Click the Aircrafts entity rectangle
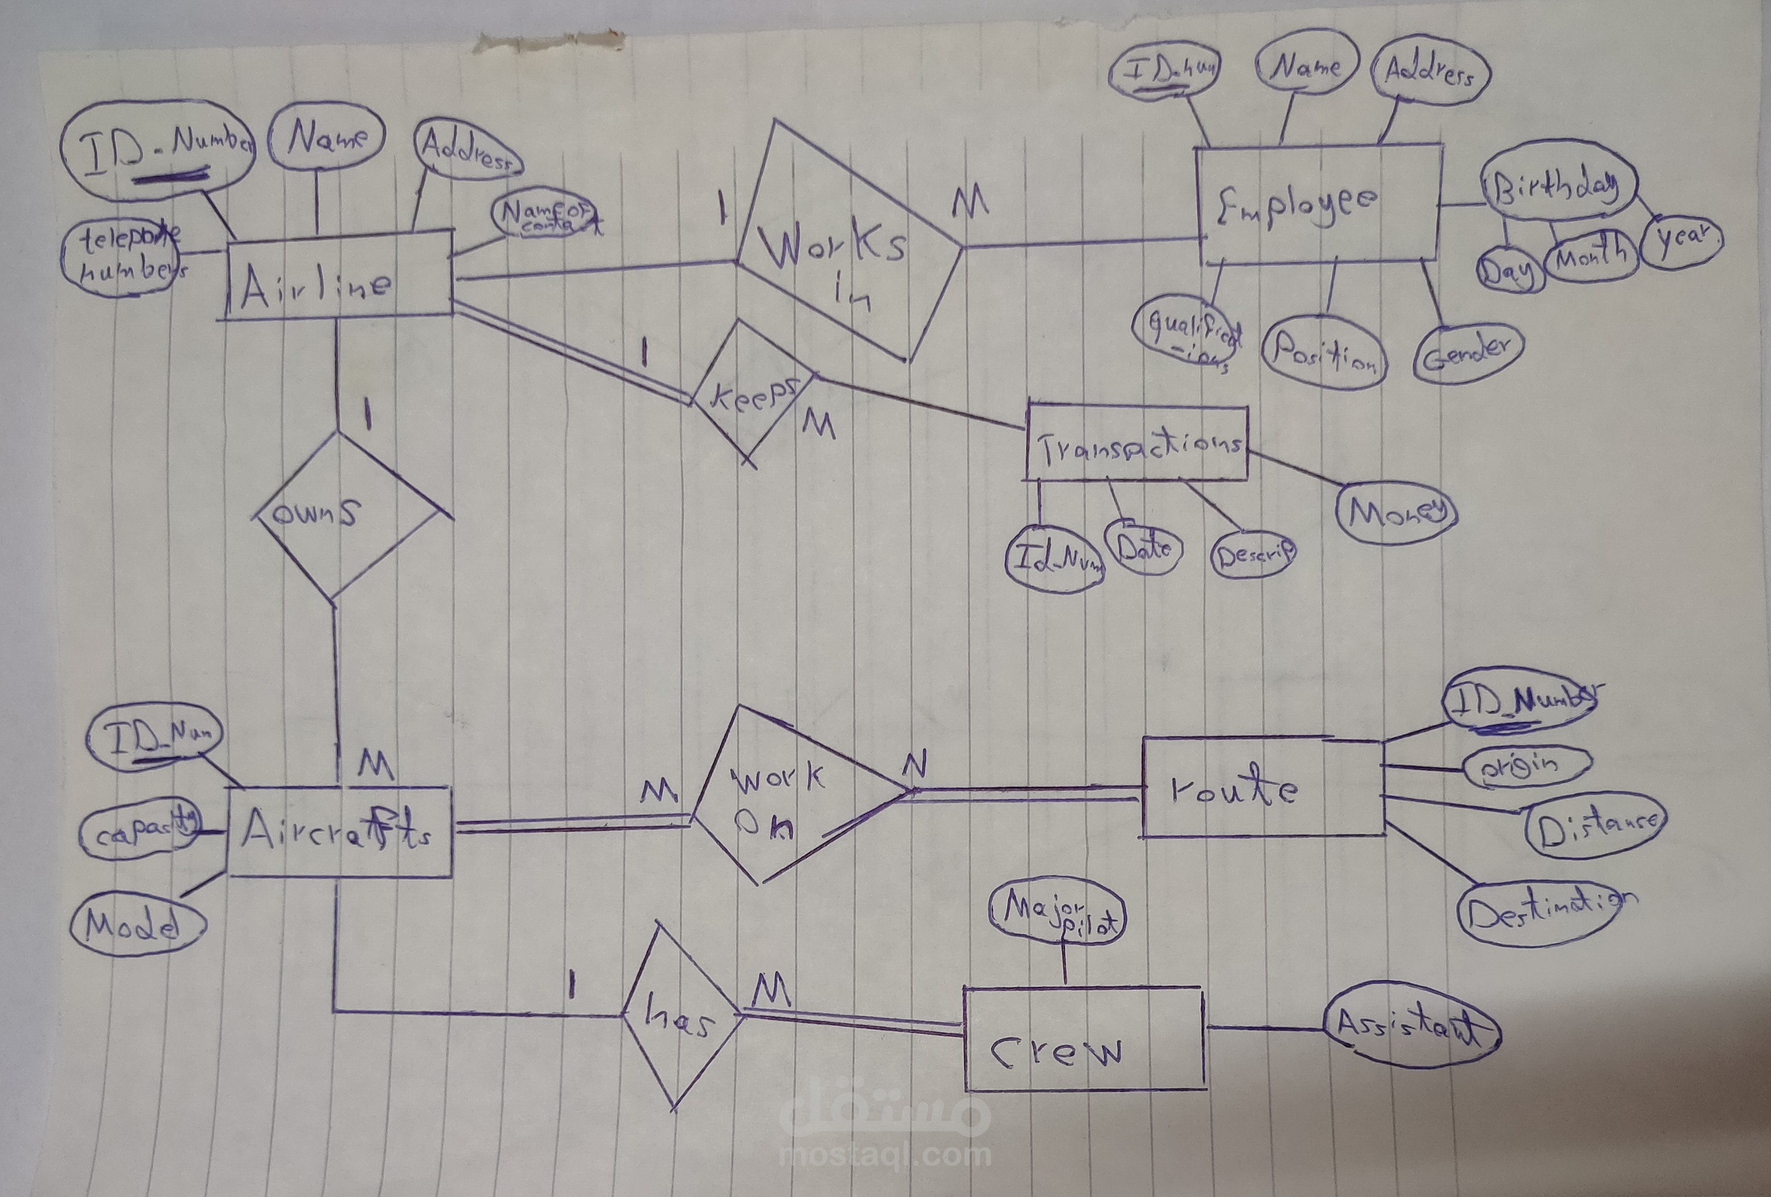click(339, 832)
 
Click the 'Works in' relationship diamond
click(846, 244)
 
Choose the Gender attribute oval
click(1466, 351)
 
